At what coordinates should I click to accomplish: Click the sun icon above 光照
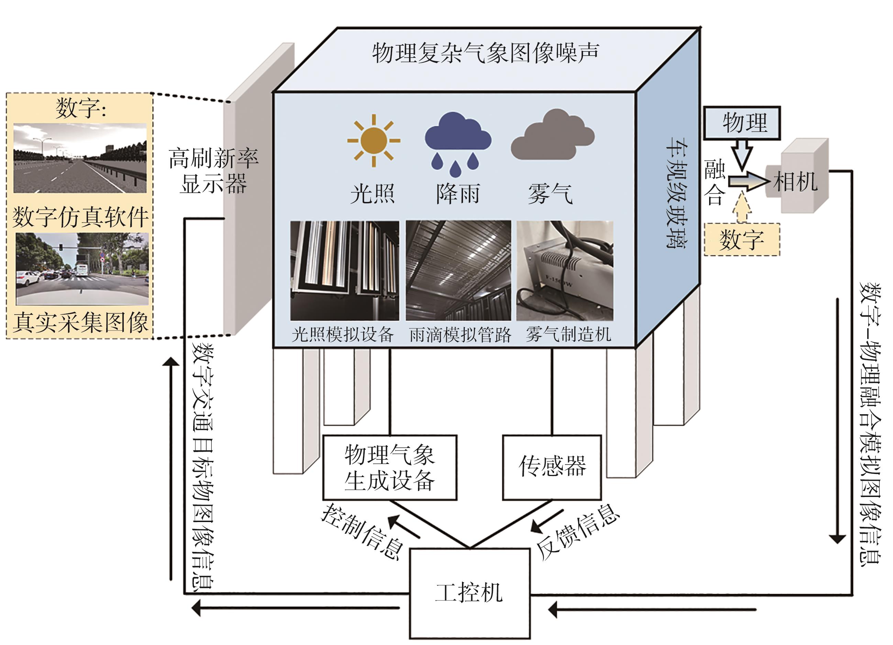point(373,140)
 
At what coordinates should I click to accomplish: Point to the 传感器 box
point(552,467)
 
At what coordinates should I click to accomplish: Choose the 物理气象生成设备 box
point(389,467)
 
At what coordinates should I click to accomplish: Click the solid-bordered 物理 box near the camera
point(741,123)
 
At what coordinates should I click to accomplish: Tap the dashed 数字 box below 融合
point(741,239)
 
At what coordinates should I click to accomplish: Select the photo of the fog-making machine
point(565,271)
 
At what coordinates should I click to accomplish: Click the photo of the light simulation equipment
point(344,271)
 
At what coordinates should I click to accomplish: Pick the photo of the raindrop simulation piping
point(458,271)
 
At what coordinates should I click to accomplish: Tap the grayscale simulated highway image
point(80,158)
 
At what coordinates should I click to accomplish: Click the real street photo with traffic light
point(82,269)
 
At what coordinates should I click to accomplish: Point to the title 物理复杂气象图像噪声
point(485,53)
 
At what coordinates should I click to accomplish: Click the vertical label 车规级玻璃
point(676,193)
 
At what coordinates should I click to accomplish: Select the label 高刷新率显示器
point(213,171)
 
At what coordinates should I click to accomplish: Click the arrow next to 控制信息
point(404,527)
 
